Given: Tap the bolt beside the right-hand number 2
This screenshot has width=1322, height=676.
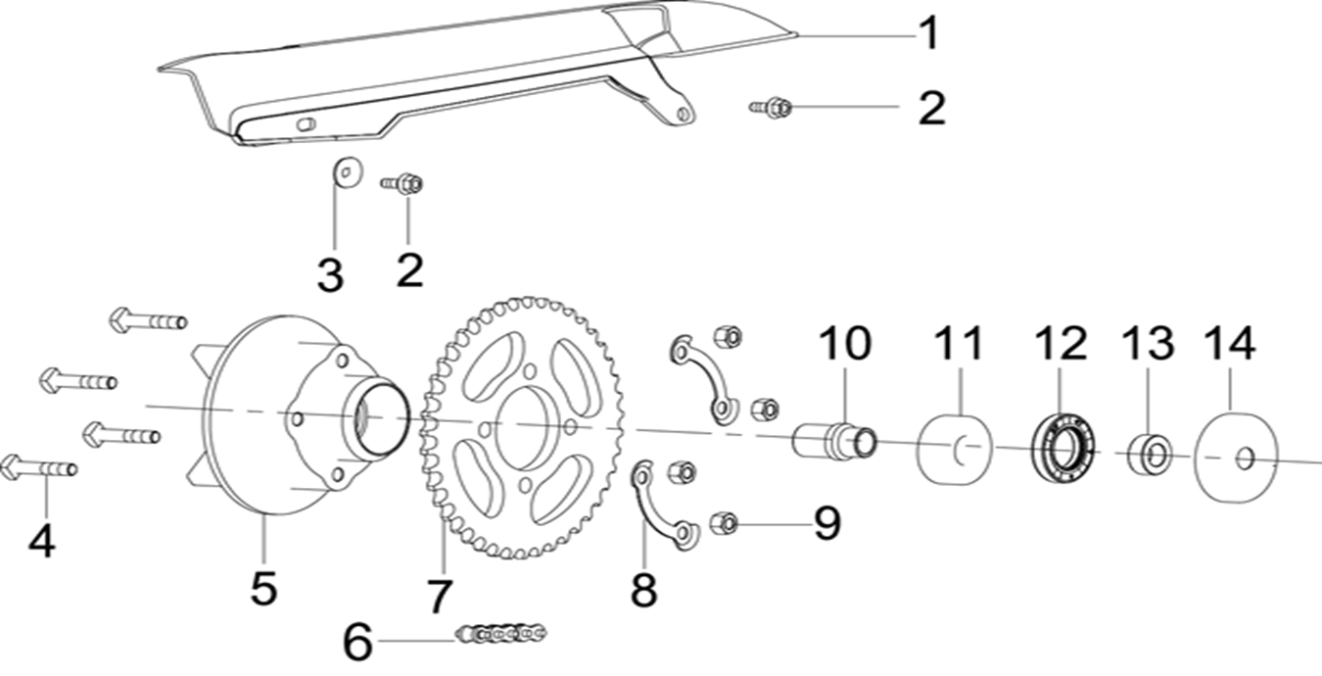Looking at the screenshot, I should (x=773, y=107).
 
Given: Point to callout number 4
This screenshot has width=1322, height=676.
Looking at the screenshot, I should (x=40, y=538).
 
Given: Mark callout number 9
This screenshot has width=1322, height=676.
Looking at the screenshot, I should (x=826, y=523).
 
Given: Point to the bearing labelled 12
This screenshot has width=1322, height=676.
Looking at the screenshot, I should (x=1062, y=448).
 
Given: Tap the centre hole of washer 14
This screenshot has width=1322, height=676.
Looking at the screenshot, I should (x=1244, y=459).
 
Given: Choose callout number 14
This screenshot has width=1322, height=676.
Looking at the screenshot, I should (x=1228, y=344).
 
